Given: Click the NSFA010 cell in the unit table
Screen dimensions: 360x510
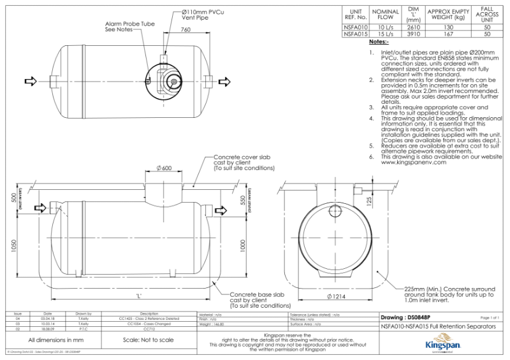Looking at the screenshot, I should [354, 27].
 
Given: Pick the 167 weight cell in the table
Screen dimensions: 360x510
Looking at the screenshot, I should [449, 35].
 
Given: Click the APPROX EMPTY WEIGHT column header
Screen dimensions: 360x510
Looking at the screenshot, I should [449, 15].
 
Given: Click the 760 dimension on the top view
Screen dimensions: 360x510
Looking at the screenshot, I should [186, 30].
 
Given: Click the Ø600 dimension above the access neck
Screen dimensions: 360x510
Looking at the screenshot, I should [164, 168].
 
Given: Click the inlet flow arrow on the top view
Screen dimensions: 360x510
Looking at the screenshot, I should [29, 81].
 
